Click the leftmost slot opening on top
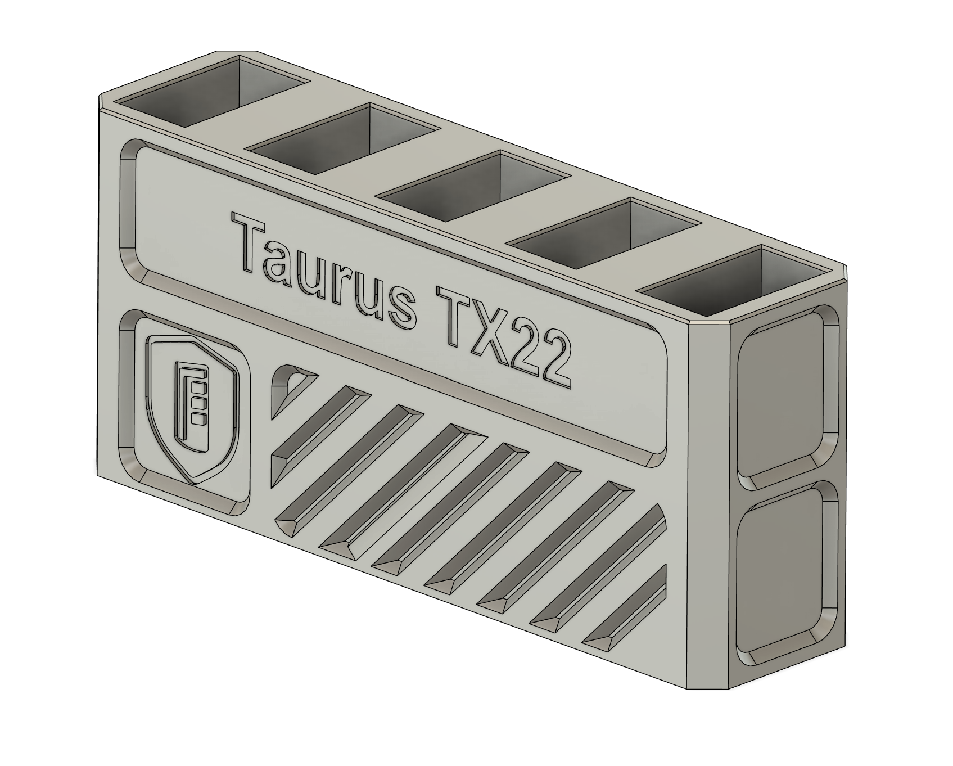(214, 90)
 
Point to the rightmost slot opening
(737, 279)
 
